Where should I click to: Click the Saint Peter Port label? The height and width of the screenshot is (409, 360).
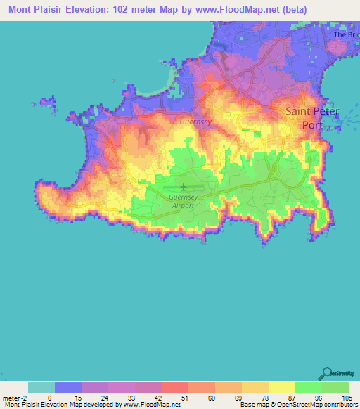point(311,118)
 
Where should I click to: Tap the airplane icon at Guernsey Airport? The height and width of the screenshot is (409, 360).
point(184,187)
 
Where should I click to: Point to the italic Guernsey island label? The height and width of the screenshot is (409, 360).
point(194,120)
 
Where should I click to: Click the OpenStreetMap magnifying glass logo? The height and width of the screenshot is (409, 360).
point(328,372)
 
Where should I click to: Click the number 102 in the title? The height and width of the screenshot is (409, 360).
point(134,11)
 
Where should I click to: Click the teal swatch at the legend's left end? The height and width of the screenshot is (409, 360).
point(41,387)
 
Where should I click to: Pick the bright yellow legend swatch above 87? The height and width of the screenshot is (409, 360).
point(282,387)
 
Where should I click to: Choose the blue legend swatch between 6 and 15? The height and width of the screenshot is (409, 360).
point(68,387)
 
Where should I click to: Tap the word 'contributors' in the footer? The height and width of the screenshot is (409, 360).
point(340,405)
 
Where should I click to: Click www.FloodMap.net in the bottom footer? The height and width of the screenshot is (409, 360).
point(151,405)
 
